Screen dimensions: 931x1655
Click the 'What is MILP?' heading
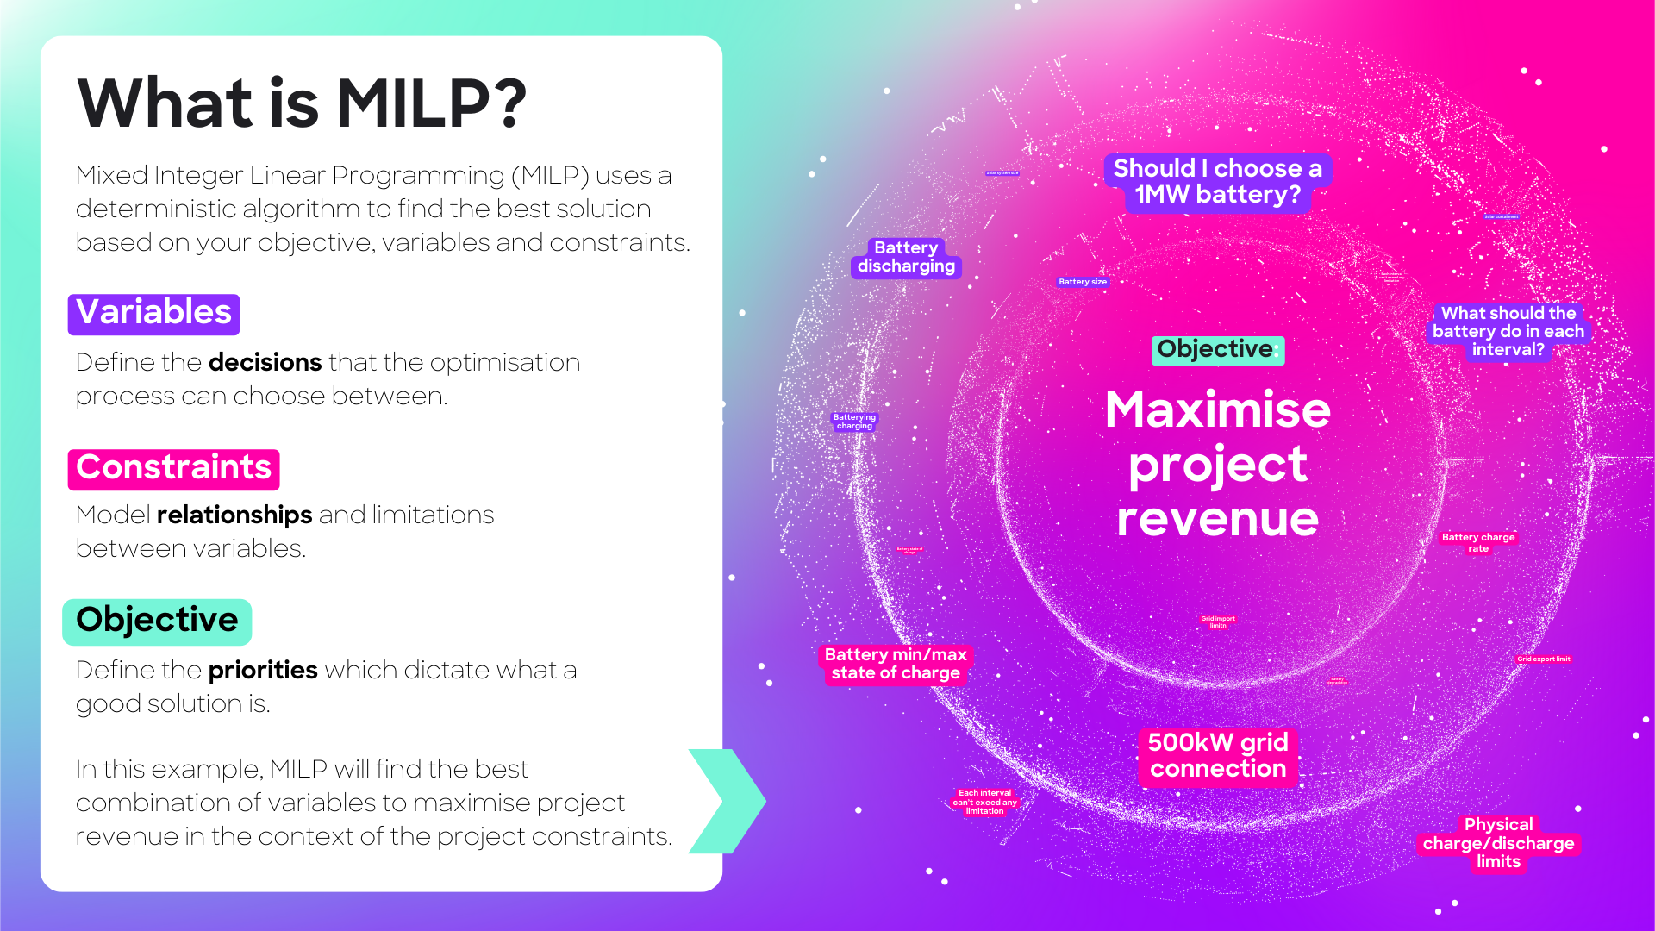point(302,104)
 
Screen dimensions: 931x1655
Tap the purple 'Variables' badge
point(153,313)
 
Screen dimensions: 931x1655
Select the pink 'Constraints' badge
point(173,468)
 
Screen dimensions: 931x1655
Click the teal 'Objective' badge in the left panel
point(157,621)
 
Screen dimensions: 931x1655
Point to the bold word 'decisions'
point(265,362)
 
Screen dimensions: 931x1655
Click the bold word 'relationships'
point(234,515)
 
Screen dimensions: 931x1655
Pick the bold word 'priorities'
point(263,670)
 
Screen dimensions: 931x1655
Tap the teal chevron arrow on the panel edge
point(728,801)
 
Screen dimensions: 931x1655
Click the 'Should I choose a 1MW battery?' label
point(1217,182)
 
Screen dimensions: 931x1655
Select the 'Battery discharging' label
point(906,257)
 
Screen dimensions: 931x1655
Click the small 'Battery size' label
point(1082,282)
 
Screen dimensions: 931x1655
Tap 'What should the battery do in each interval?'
point(1508,331)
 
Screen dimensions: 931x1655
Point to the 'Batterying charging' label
point(854,422)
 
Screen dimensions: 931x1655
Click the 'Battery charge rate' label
point(1477,542)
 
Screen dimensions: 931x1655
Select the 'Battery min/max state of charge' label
point(895,664)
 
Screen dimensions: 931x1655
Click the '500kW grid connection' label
point(1217,756)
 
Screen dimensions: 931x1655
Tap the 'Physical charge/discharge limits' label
point(1498,843)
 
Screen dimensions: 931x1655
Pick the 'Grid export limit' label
point(1543,659)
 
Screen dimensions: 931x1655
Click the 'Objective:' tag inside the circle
point(1217,349)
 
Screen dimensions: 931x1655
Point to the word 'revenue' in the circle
point(1217,519)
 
